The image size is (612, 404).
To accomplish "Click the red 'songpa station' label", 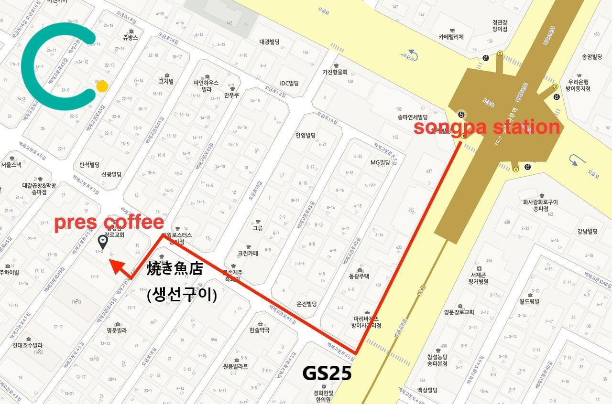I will (x=486, y=128).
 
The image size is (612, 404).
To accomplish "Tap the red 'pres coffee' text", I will (x=109, y=223).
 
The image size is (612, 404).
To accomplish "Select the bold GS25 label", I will (x=327, y=373).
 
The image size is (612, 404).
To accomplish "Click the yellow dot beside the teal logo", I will (x=102, y=86).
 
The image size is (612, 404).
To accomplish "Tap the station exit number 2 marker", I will (x=500, y=53).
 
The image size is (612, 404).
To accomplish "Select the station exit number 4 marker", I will (x=515, y=169).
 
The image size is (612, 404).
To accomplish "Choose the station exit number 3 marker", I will (x=556, y=86).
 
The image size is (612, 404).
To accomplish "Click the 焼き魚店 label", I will (x=175, y=268).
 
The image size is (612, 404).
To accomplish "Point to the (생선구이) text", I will (x=182, y=295).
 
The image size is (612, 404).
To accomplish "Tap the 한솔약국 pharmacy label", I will (x=260, y=330).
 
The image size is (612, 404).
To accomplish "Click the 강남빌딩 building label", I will (x=588, y=232).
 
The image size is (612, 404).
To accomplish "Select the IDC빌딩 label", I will (x=289, y=83).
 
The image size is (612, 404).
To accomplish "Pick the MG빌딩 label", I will (x=380, y=162).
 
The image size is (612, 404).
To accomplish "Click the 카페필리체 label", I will (x=451, y=37).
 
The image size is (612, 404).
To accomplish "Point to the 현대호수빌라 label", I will (x=28, y=345).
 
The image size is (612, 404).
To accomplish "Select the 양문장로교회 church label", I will (x=459, y=312).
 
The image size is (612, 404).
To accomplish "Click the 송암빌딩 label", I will (x=592, y=57).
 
